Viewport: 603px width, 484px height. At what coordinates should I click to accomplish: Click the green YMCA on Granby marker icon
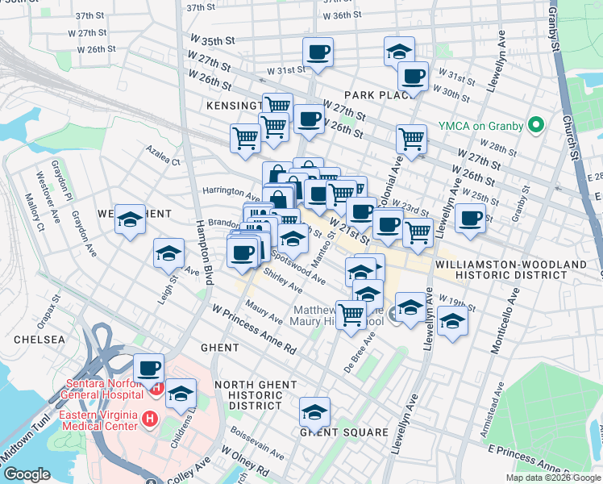pyautogui.click(x=534, y=126)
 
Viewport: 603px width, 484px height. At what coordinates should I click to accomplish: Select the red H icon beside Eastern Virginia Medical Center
pyautogui.click(x=148, y=419)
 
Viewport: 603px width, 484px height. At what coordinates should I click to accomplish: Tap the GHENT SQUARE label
pyautogui.click(x=344, y=432)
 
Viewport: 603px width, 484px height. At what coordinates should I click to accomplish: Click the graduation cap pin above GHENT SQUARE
pyautogui.click(x=315, y=412)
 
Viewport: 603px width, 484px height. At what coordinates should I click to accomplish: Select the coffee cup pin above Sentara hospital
pyautogui.click(x=148, y=368)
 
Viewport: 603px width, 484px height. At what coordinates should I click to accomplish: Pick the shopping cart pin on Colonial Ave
pyautogui.click(x=411, y=138)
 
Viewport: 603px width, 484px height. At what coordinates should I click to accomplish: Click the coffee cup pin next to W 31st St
pyautogui.click(x=318, y=52)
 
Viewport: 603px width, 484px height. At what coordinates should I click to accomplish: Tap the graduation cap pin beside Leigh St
pyautogui.click(x=168, y=253)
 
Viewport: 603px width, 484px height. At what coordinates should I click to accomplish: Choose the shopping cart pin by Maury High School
pyautogui.click(x=351, y=313)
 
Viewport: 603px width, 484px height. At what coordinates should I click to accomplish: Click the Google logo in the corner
pyautogui.click(x=27, y=474)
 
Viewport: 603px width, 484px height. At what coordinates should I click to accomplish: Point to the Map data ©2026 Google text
pyautogui.click(x=552, y=478)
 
